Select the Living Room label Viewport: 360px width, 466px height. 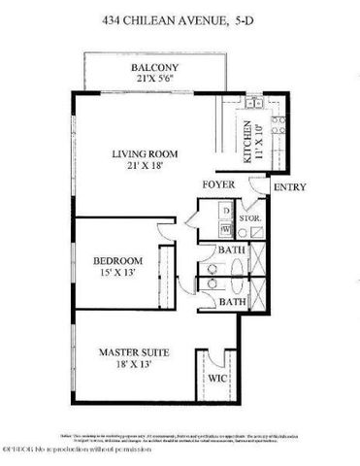147,153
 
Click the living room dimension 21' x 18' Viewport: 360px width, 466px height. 147,167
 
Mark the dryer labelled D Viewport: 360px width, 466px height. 224,211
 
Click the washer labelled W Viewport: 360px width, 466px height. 224,229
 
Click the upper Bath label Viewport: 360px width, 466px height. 231,251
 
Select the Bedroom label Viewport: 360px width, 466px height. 118,260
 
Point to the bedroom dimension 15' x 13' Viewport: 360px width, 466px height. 118,274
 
